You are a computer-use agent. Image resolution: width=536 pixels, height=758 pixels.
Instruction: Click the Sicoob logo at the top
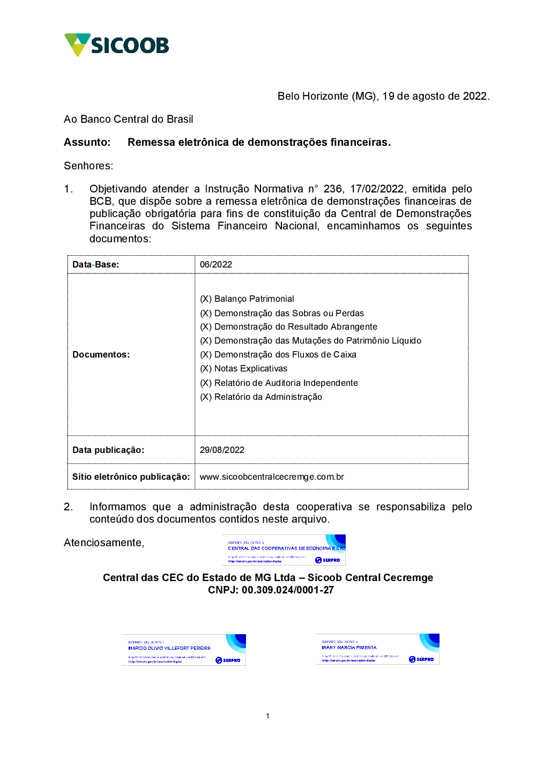click(x=116, y=45)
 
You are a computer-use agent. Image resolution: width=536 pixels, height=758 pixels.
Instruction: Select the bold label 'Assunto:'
click(x=87, y=143)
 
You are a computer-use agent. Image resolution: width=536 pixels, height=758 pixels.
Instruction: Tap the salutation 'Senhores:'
click(x=88, y=166)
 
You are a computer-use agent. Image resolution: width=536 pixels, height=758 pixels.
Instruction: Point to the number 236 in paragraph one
click(x=332, y=189)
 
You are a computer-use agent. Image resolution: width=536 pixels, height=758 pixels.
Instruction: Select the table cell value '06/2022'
click(x=216, y=265)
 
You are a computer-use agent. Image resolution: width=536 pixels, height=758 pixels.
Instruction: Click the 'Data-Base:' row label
click(x=96, y=265)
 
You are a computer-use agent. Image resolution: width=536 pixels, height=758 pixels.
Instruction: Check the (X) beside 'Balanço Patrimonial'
click(x=206, y=299)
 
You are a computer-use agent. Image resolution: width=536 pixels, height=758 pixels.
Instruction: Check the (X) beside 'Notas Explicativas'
click(x=206, y=369)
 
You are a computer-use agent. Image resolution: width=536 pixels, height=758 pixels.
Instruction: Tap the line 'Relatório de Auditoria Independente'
click(x=286, y=383)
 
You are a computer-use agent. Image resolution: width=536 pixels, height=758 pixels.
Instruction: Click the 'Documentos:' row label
click(x=101, y=355)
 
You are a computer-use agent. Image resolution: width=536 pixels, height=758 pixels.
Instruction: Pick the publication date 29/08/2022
click(x=222, y=450)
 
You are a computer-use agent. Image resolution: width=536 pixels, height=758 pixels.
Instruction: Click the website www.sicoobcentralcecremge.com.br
click(x=272, y=477)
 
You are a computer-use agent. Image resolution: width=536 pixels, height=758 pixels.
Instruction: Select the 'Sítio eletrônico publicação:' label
click(x=131, y=477)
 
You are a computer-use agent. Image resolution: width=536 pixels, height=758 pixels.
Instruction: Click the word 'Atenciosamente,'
click(x=104, y=543)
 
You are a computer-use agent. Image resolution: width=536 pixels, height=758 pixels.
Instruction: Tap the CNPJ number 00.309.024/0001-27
click(x=288, y=590)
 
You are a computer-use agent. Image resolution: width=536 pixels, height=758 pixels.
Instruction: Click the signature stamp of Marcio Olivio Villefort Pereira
click(x=184, y=650)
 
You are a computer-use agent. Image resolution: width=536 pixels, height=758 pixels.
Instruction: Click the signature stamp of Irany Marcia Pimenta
click(x=377, y=649)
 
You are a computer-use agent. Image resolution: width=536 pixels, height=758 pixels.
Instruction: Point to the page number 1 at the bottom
click(x=267, y=716)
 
